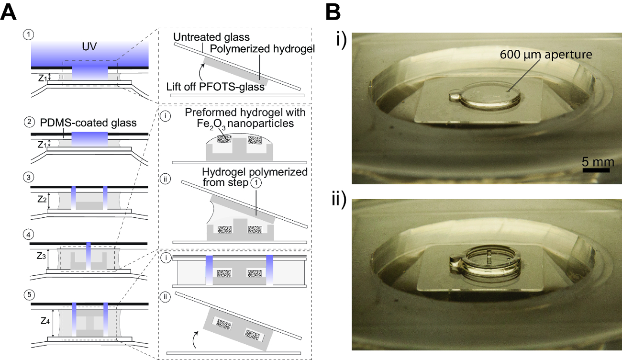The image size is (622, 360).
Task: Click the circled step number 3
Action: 28,177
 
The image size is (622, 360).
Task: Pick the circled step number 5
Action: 28,292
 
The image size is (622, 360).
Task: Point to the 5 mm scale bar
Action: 595,169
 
